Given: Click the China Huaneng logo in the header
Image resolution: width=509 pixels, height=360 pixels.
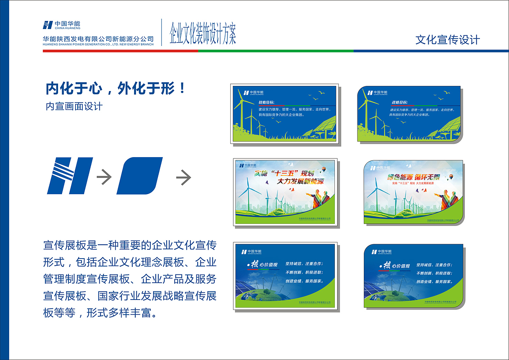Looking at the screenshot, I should tap(62, 25).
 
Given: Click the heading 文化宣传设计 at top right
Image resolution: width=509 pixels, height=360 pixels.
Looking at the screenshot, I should tap(447, 40).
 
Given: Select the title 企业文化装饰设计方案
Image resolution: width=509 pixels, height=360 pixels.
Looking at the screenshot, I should tap(203, 34).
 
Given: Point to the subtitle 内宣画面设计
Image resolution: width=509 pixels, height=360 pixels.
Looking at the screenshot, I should tap(74, 106).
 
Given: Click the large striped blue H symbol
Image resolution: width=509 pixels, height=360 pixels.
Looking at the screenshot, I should tap(70, 175).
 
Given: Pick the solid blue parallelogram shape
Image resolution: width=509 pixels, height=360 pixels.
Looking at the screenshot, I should tap(140, 175).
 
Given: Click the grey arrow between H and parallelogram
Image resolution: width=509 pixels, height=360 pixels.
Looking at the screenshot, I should tap(104, 177).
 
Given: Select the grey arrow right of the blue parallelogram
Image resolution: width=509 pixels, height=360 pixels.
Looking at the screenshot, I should tap(183, 177).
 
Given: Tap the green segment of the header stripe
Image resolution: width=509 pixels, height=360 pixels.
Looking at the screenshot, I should tap(276, 51).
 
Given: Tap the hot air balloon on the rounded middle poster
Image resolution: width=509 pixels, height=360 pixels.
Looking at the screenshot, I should tap(451, 177).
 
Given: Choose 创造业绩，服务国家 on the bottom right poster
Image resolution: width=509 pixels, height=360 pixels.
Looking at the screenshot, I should tap(434, 281).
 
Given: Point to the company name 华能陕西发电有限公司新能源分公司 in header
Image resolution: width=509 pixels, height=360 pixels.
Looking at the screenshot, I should tap(98, 39).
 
